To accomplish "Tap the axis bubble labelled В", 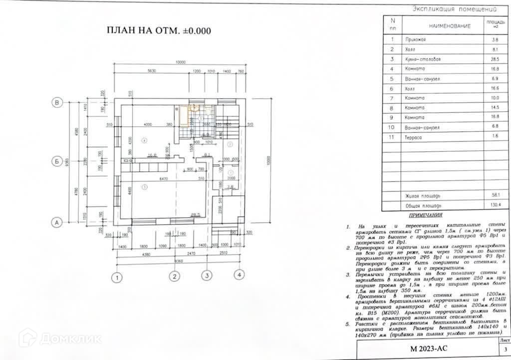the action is click(57, 103).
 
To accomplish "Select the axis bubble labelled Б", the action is click(57, 161).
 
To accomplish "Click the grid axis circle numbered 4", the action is click(240, 275).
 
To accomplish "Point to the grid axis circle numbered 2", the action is click(174, 276).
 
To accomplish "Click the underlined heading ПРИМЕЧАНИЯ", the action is click(425, 216).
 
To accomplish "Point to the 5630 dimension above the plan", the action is click(152, 71).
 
